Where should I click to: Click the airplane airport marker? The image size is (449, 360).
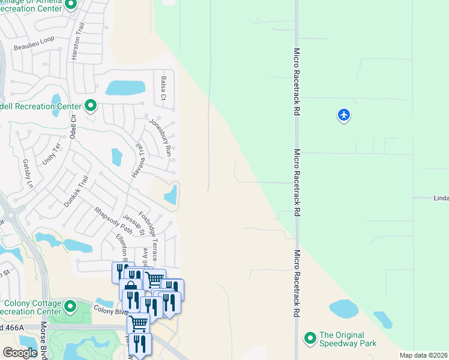(x=344, y=115)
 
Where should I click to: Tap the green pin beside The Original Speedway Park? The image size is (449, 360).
(x=310, y=339)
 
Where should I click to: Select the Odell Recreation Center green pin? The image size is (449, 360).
(x=91, y=106)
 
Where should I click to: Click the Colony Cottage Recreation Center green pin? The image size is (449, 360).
(x=71, y=307)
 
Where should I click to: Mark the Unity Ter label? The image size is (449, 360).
(x=52, y=155)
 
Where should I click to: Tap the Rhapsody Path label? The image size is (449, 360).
(x=113, y=220)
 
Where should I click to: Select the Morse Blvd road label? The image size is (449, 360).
(x=44, y=341)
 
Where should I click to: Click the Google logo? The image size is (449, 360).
(x=20, y=353)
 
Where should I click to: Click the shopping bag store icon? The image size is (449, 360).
(x=130, y=287)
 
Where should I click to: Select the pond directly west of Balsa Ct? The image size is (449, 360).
(x=125, y=88)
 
